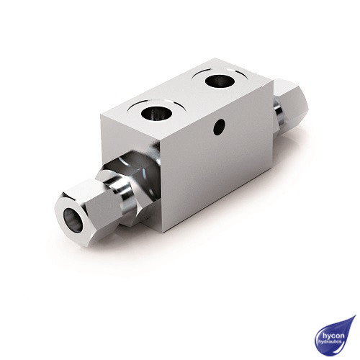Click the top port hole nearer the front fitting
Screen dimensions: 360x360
coord(156,112)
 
